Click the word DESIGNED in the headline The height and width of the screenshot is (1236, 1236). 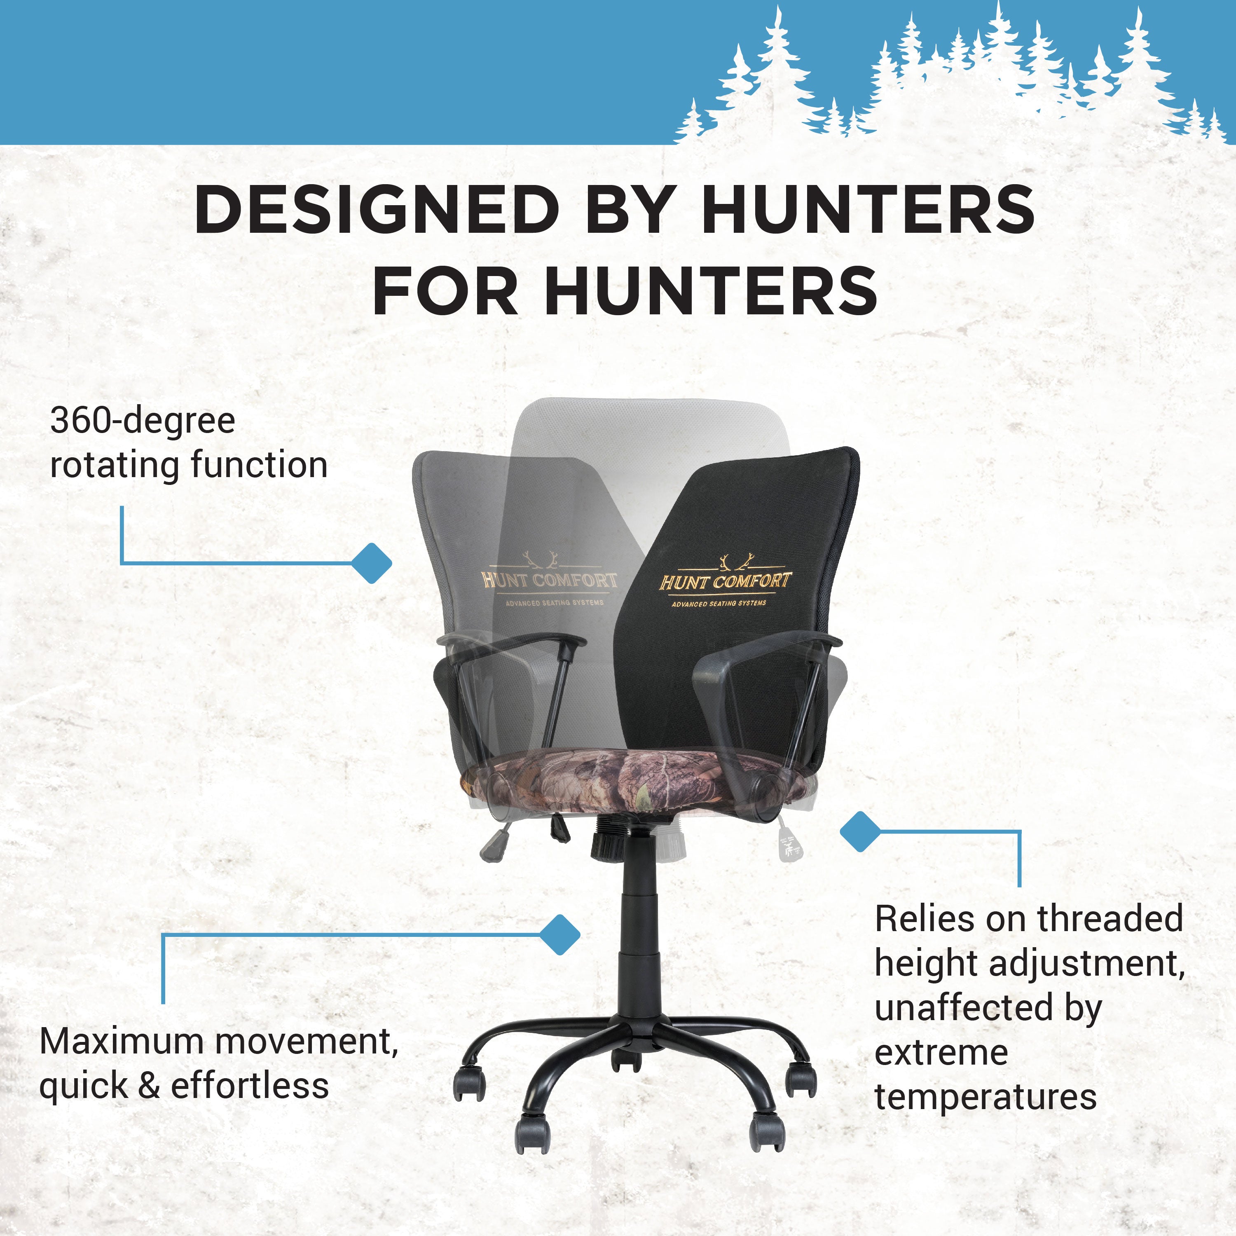(377, 210)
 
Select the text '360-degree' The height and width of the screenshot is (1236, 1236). (143, 421)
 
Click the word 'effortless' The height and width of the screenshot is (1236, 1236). (250, 1087)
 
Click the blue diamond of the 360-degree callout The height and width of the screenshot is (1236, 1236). (372, 563)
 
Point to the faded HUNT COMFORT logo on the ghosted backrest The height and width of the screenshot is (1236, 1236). (549, 580)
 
